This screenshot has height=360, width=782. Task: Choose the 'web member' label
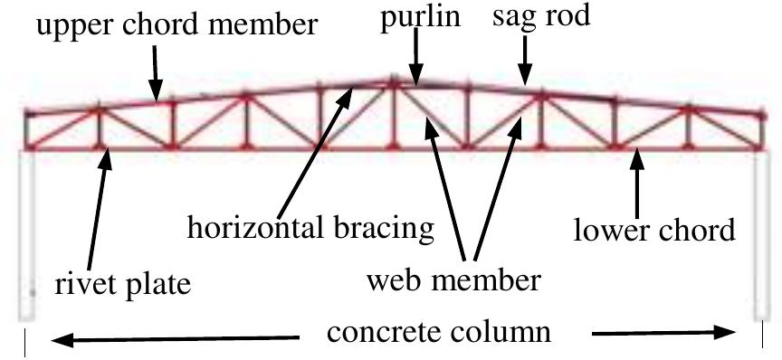coord(453,280)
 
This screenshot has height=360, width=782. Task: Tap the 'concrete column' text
coord(438,331)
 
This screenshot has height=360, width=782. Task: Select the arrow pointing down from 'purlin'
coord(415,65)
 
